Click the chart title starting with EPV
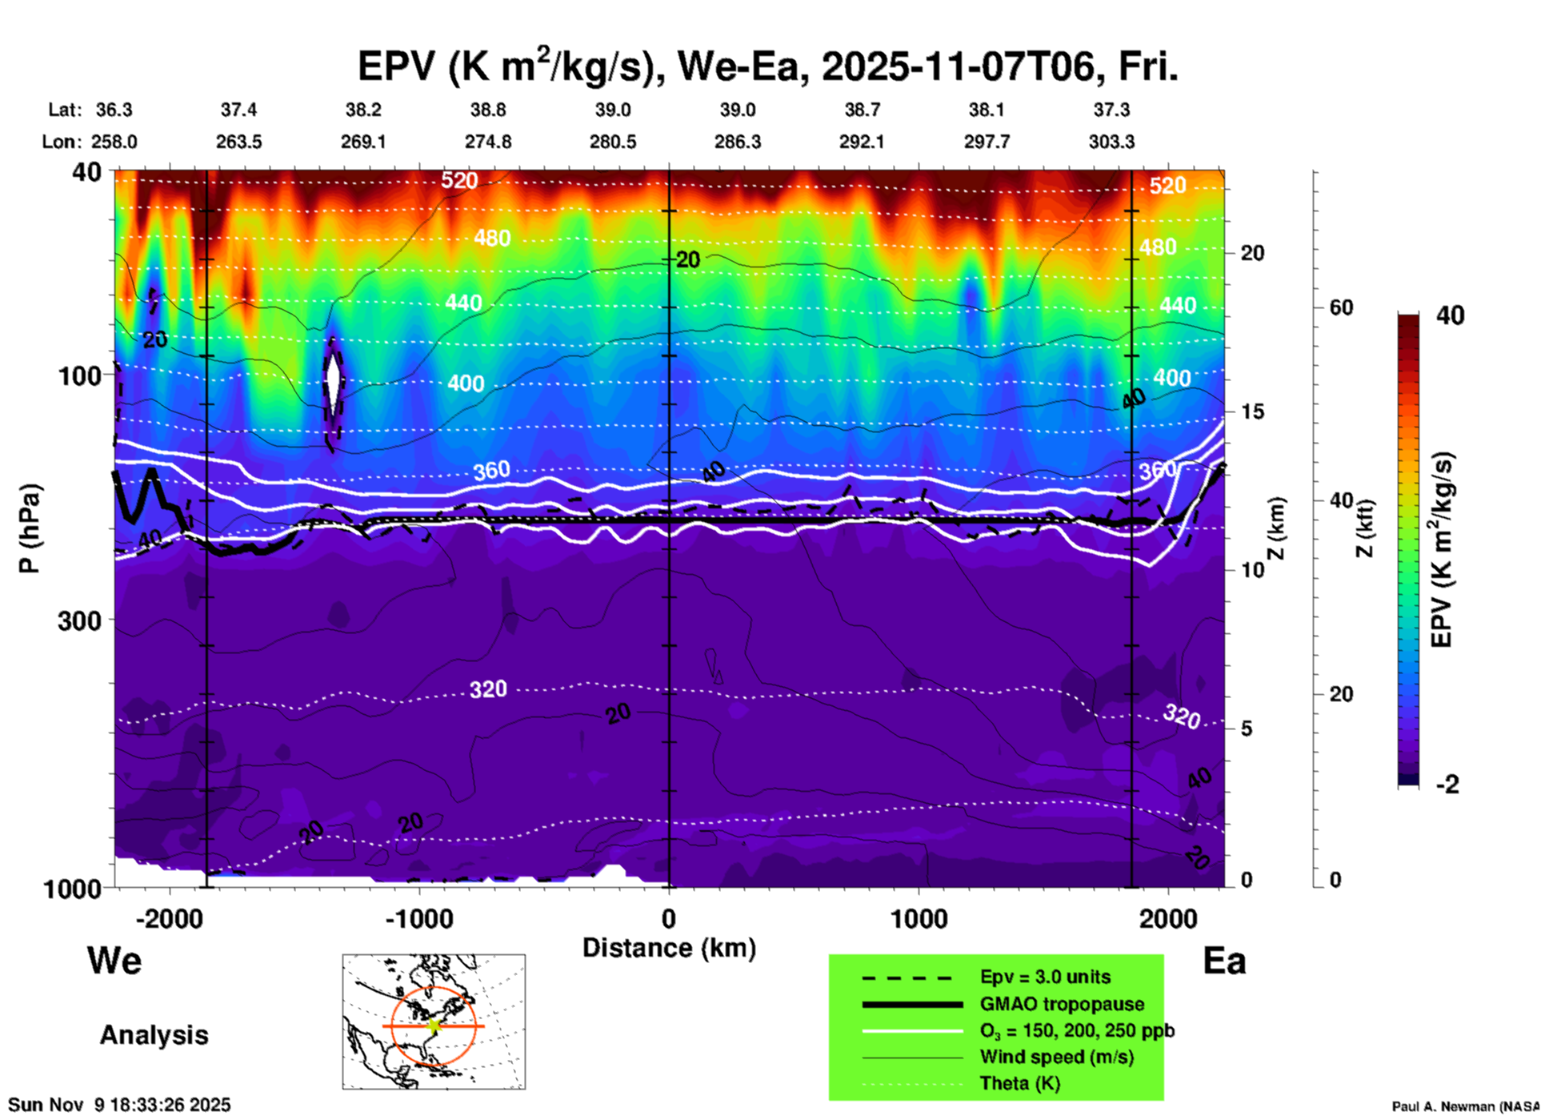pos(766,67)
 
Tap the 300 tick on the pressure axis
pos(80,620)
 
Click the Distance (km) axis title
pos(669,948)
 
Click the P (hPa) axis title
pos(30,528)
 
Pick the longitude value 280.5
pos(613,142)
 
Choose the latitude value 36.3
pos(114,110)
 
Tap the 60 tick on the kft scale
pos(1341,307)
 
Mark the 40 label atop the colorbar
pos(1450,315)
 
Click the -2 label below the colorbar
pos(1447,785)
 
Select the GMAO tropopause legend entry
pos(1062,1004)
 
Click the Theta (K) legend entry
pos(1019,1083)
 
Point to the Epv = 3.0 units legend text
pos(1045,977)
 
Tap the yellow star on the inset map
pos(434,1026)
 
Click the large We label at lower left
pos(114,960)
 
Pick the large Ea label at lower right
pos(1224,961)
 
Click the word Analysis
pos(154,1034)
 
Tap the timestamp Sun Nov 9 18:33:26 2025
pos(120,1105)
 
